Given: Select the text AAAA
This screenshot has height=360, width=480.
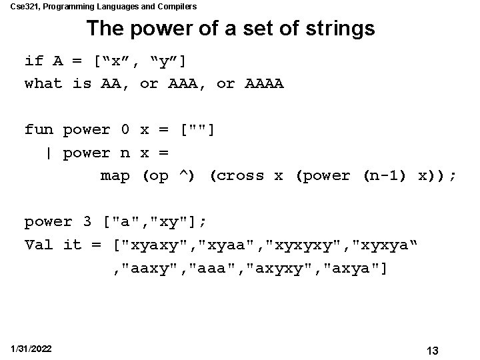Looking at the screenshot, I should [x=265, y=83].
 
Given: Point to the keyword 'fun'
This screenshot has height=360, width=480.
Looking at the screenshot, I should [x=39, y=129].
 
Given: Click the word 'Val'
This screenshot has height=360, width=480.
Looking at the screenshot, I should [x=39, y=245].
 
